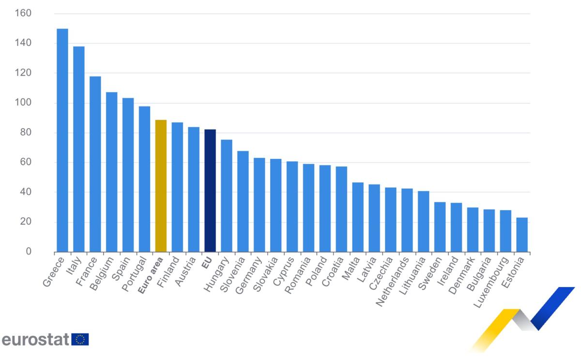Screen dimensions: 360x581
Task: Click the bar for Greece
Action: (x=62, y=140)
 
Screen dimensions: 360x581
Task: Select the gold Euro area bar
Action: (x=161, y=186)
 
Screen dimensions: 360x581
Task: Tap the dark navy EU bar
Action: (x=210, y=191)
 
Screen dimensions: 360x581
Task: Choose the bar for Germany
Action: (x=260, y=205)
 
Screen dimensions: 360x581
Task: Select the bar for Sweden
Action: (x=440, y=227)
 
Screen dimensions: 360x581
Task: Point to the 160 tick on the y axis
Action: (x=23, y=14)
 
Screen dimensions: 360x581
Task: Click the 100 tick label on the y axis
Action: (x=23, y=103)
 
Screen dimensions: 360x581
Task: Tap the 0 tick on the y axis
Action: (x=28, y=252)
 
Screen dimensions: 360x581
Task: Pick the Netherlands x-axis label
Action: (x=394, y=280)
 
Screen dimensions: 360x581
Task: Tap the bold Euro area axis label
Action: (x=151, y=276)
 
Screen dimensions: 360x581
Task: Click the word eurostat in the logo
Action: (x=35, y=340)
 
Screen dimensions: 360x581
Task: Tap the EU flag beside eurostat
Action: (x=80, y=340)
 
